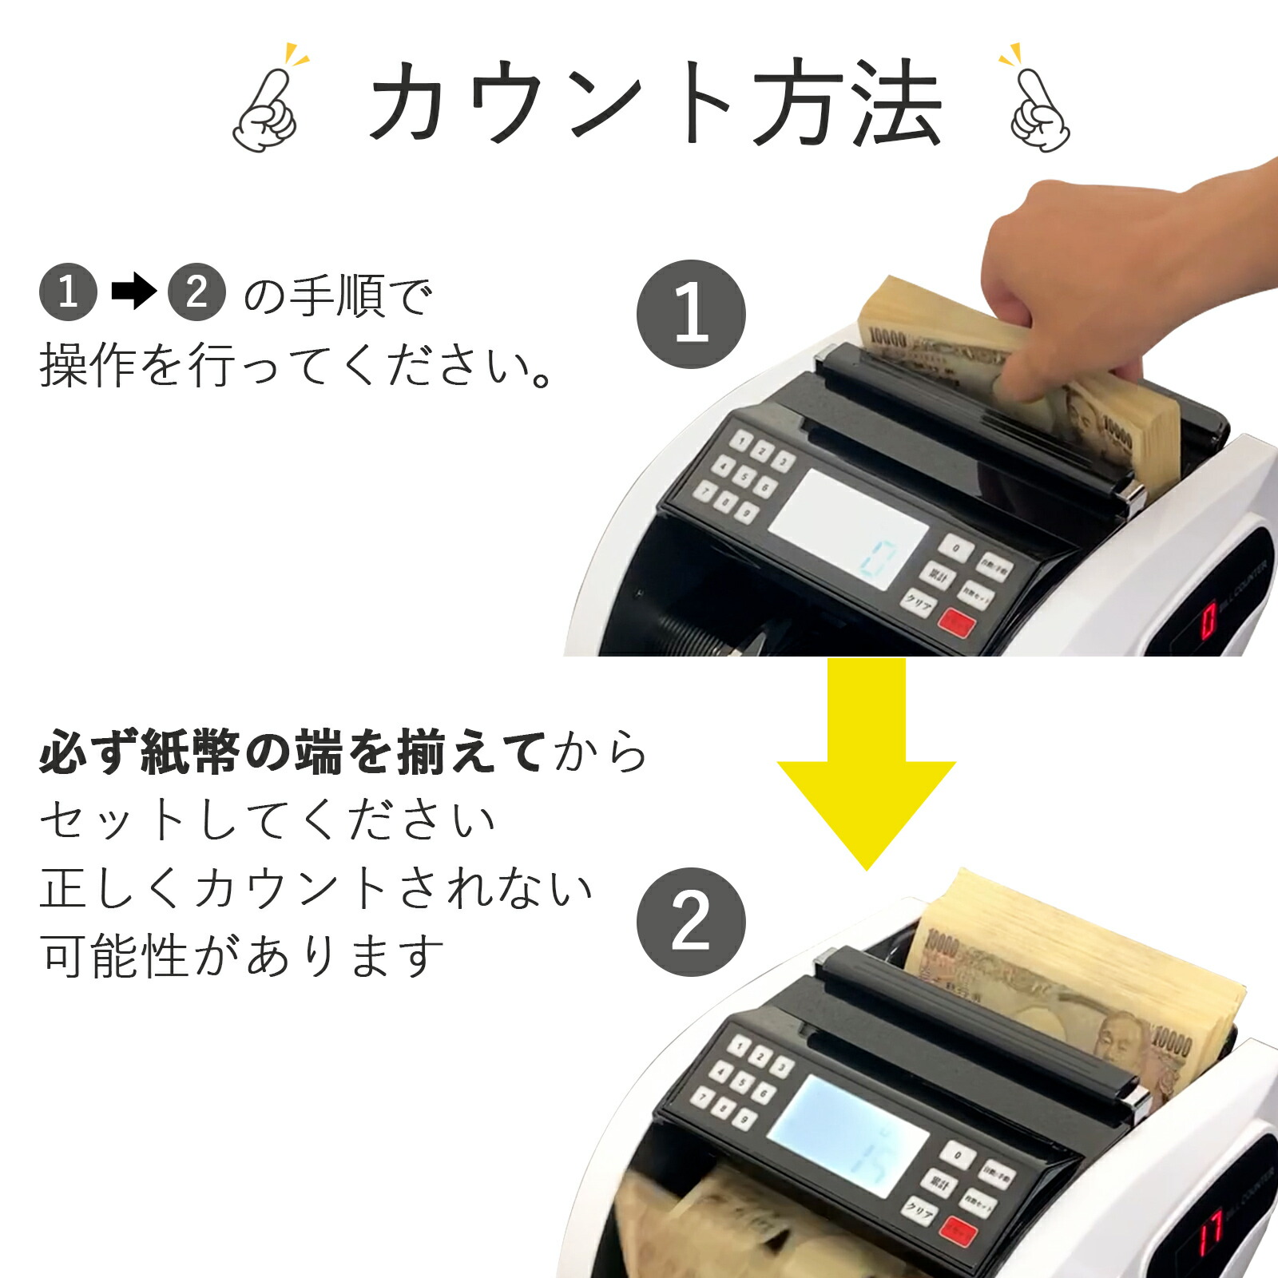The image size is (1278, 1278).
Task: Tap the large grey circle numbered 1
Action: [691, 314]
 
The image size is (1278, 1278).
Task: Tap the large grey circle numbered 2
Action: [691, 922]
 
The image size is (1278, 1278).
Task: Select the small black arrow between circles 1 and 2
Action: [133, 292]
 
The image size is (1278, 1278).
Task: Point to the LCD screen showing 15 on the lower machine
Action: [848, 1135]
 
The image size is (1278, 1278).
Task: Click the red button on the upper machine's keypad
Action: [955, 621]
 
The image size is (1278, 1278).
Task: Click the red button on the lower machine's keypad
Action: [958, 1231]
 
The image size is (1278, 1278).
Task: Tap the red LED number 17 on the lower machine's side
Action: [1211, 1228]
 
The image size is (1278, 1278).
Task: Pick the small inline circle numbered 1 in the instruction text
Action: [68, 292]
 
